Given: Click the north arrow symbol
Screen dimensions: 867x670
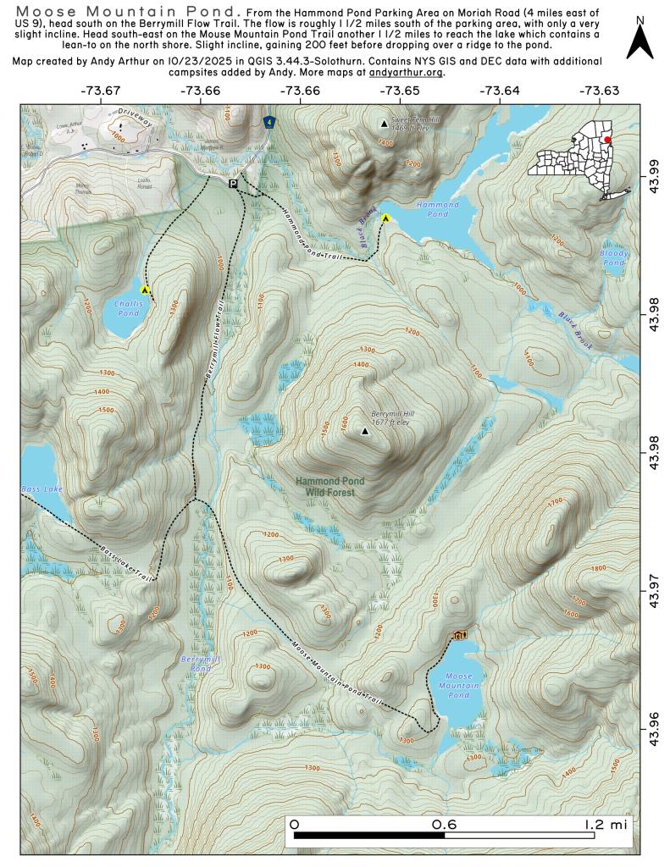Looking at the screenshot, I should (640, 41).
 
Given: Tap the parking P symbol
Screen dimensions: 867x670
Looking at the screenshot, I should (234, 182).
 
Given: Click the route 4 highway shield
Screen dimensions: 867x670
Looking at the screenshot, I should (269, 123).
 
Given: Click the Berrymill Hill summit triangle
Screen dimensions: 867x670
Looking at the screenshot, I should (365, 432).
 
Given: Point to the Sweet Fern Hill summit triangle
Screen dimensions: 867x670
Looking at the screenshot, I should (385, 124).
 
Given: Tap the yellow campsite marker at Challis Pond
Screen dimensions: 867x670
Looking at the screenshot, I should (145, 290).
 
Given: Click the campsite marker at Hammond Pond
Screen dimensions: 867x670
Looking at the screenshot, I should (385, 218).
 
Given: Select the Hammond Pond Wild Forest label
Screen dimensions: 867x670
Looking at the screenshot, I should (330, 487).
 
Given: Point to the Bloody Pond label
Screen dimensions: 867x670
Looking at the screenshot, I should (612, 258).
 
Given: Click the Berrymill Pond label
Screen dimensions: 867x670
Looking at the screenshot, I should (196, 663).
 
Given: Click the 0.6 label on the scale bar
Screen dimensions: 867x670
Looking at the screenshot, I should (445, 823).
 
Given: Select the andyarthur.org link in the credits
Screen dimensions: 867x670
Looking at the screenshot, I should (407, 73).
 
